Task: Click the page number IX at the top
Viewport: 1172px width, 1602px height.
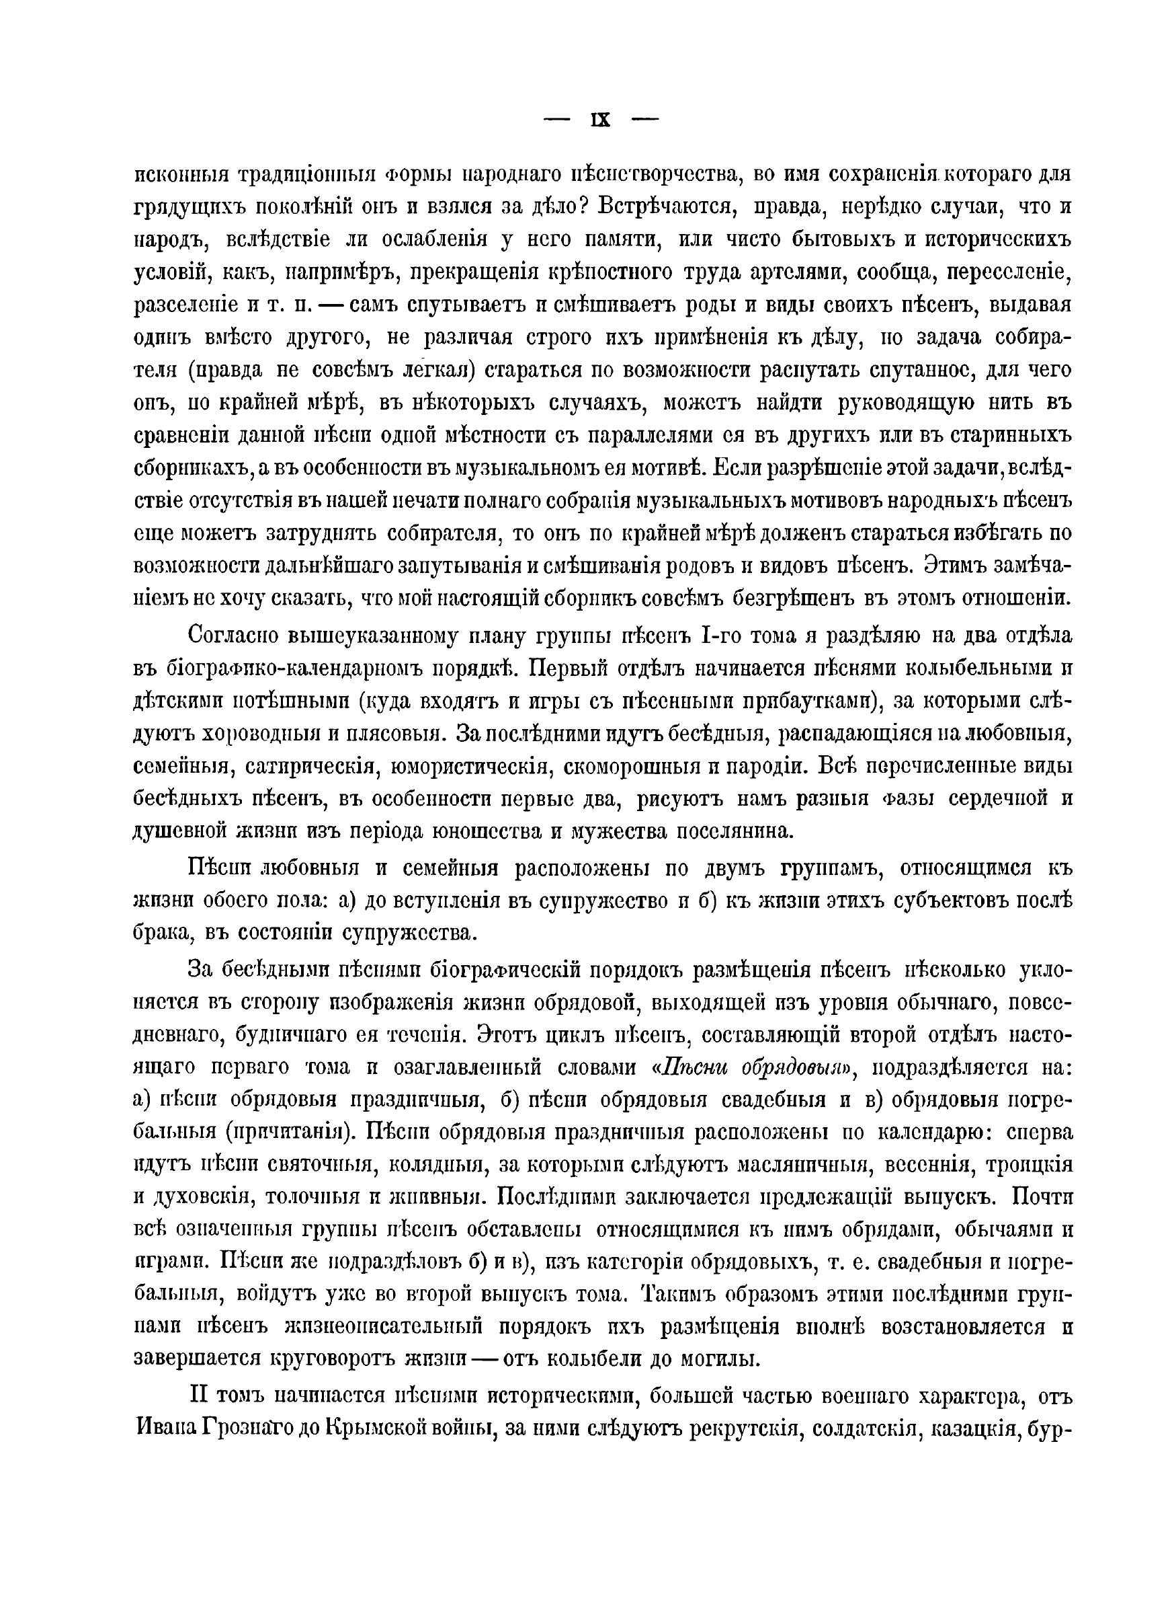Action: (x=600, y=120)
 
